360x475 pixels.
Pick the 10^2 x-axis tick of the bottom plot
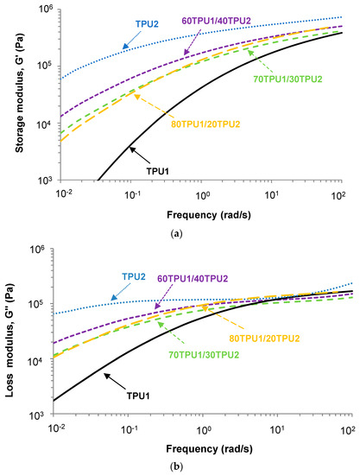[x=344, y=429]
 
